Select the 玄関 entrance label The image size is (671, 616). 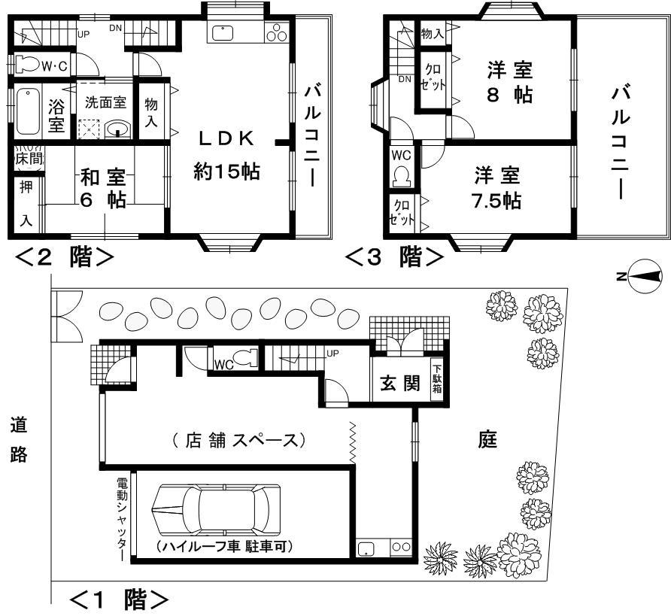(399, 384)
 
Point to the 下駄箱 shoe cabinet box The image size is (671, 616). (436, 382)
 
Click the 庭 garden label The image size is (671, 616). (488, 440)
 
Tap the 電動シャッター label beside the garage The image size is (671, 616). (122, 519)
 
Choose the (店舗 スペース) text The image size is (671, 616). (238, 440)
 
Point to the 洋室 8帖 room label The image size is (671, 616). (509, 83)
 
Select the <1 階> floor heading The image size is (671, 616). (118, 600)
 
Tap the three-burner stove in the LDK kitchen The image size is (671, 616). (278, 32)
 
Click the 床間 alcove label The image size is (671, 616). (28, 159)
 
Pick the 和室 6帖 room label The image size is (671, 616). (104, 190)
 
